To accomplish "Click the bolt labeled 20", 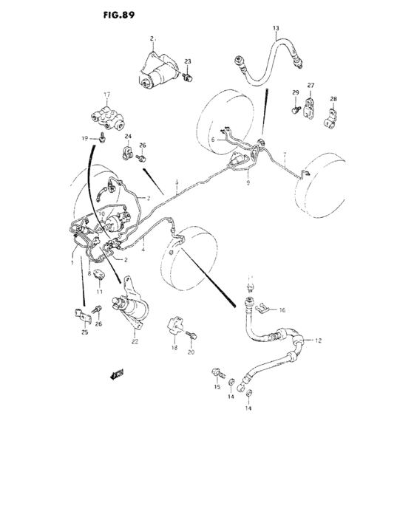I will (x=194, y=335).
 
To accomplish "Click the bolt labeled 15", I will (x=217, y=371).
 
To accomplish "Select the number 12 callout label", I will (x=319, y=340).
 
